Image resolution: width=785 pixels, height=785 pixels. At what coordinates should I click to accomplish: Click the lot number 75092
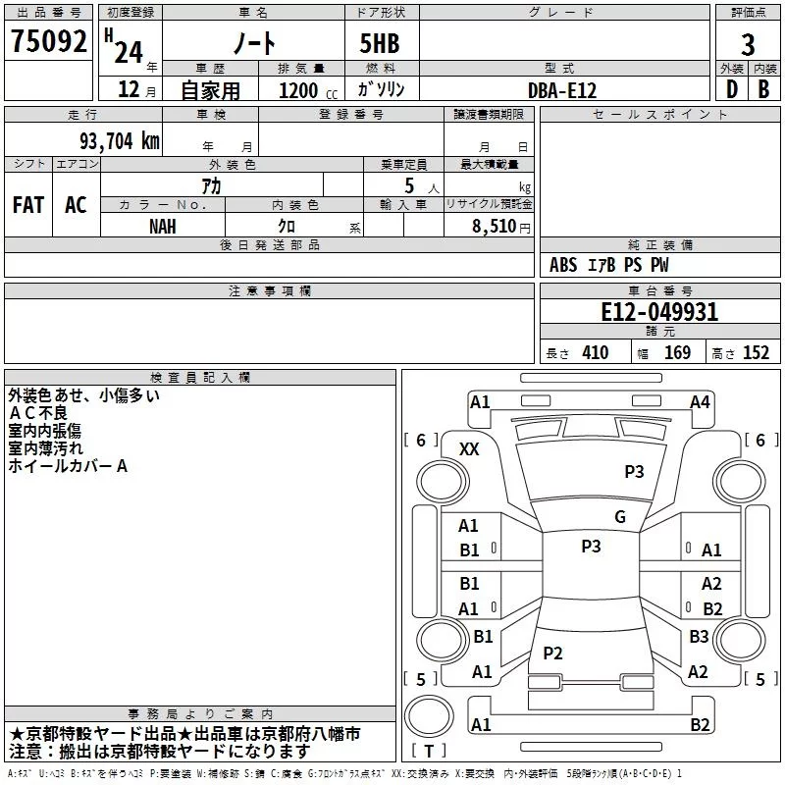[48, 41]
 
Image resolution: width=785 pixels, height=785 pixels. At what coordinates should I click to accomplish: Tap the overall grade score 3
[748, 45]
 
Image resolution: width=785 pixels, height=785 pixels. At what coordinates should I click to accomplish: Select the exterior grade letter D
[732, 89]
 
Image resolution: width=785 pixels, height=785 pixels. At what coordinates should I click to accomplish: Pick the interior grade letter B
[763, 89]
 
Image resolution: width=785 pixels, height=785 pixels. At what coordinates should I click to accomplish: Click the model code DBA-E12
[562, 90]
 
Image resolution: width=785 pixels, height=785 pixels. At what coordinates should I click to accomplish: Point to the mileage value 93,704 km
[120, 141]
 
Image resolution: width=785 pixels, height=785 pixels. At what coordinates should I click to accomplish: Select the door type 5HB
[380, 43]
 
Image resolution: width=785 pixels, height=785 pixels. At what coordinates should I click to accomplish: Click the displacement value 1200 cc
[308, 90]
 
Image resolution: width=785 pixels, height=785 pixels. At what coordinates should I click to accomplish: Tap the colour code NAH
[163, 227]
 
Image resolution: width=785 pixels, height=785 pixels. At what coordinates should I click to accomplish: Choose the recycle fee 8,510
[495, 227]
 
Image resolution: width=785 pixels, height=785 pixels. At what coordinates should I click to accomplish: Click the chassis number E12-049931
[659, 312]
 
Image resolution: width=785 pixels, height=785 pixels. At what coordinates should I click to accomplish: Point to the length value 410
[596, 353]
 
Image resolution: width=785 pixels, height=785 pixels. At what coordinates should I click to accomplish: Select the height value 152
[756, 353]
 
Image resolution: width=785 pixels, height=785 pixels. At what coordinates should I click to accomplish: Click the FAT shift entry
[28, 205]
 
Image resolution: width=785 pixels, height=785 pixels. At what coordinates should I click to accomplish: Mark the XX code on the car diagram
[469, 449]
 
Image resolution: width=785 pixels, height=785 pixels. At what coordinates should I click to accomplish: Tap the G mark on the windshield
[620, 517]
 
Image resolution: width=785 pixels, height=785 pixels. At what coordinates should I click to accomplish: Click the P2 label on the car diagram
[552, 653]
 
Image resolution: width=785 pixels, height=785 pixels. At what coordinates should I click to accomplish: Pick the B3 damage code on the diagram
[699, 636]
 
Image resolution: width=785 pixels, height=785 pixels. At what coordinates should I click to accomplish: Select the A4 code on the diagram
[700, 402]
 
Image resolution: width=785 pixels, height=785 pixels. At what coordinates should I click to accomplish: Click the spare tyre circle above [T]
[429, 716]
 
